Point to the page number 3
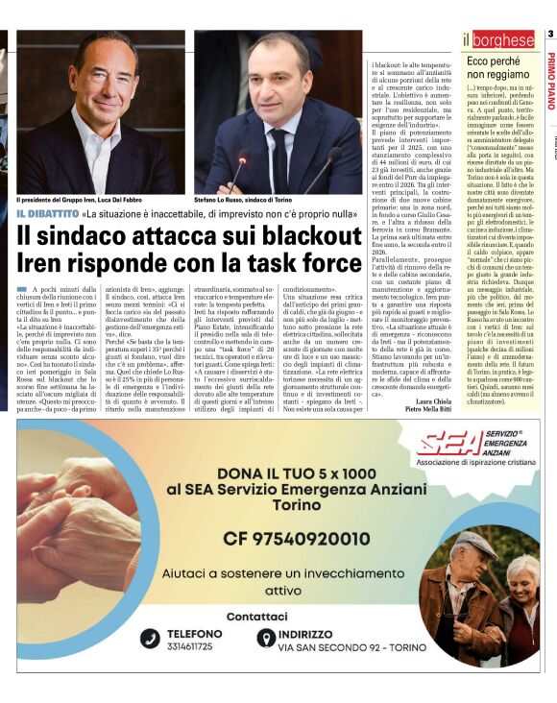[x=550, y=36]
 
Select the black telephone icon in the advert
[x=150, y=639]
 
